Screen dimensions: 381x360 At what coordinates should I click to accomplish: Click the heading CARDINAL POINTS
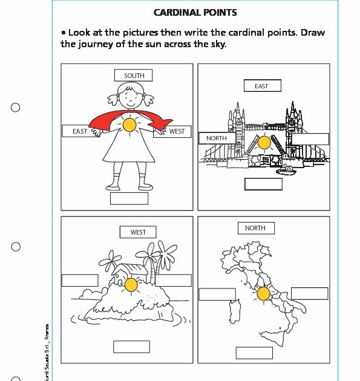(195, 13)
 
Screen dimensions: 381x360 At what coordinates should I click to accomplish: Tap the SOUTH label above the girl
(134, 76)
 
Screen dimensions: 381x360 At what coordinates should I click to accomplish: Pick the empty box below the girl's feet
(129, 198)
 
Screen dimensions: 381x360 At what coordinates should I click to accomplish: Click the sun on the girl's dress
(129, 125)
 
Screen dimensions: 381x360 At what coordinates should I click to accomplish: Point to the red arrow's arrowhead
(162, 124)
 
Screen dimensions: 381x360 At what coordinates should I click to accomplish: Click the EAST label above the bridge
(261, 86)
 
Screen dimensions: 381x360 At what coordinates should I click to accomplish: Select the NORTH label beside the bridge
(217, 138)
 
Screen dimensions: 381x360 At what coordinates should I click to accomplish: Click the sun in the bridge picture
(263, 143)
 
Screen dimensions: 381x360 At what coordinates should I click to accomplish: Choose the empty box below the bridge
(263, 184)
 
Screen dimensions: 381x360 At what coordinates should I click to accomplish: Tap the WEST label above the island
(138, 232)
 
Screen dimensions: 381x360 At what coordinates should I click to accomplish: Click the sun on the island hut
(131, 285)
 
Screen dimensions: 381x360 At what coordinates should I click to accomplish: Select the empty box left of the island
(80, 281)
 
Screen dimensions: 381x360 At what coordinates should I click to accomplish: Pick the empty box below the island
(131, 347)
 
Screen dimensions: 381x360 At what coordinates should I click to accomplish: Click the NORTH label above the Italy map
(255, 228)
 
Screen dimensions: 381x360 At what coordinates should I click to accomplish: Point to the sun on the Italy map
(263, 294)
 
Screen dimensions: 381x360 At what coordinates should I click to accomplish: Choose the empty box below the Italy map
(254, 353)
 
